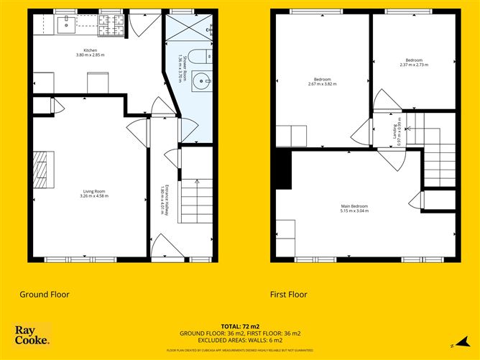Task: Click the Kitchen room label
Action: (90, 52)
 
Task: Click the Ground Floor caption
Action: (44, 294)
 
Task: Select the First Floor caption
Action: (288, 294)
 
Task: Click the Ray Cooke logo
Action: (32, 334)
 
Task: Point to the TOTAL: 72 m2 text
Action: (239, 326)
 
